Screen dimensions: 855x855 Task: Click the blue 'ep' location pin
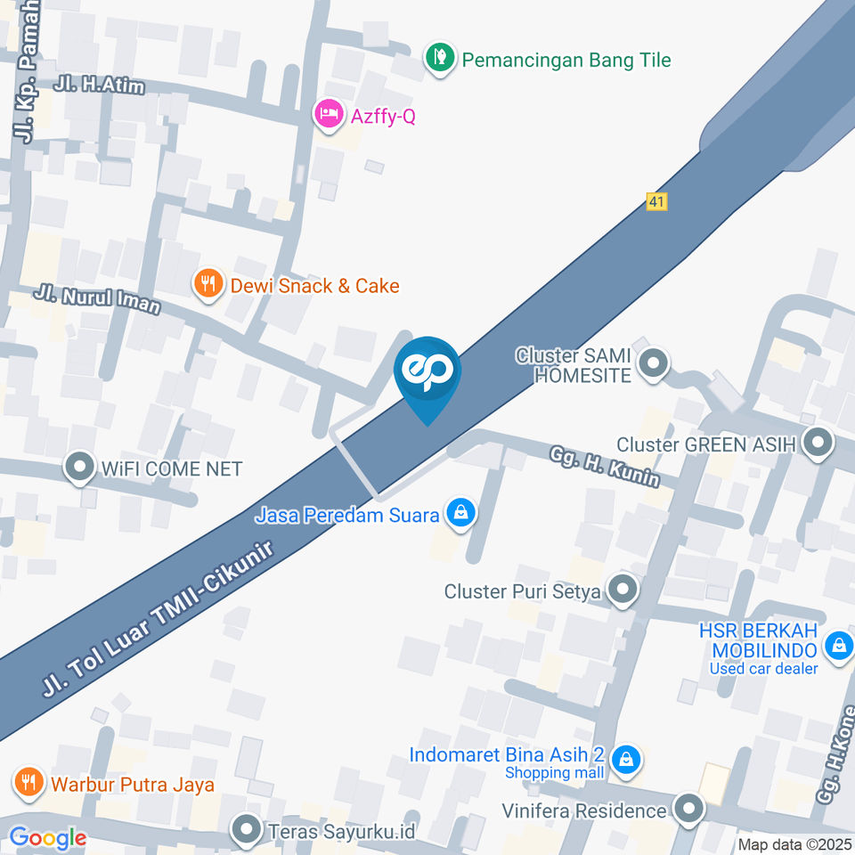coord(427,374)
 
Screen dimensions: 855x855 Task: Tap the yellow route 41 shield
coord(657,202)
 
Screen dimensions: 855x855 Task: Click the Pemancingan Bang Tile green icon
coord(437,60)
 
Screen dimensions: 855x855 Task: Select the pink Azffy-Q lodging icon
coord(329,115)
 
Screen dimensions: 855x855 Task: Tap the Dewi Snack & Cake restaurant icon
coord(208,285)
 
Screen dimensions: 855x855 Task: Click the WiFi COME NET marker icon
coord(80,468)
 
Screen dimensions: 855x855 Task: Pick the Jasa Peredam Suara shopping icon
coord(460,514)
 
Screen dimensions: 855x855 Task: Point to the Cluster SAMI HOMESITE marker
coord(655,364)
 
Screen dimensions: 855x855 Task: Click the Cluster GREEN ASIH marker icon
coord(816,443)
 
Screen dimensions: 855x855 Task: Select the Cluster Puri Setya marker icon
coord(622,590)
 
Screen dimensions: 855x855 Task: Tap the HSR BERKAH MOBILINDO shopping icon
coord(838,647)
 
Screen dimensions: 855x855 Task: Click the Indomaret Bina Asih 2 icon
coord(627,760)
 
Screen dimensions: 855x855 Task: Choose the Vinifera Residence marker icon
coord(688,810)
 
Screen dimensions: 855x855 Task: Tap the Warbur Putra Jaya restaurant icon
coord(28,784)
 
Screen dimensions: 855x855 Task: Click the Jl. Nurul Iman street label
coord(98,299)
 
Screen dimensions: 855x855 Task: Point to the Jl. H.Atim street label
coord(98,85)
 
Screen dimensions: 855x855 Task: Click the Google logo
coord(47,838)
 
